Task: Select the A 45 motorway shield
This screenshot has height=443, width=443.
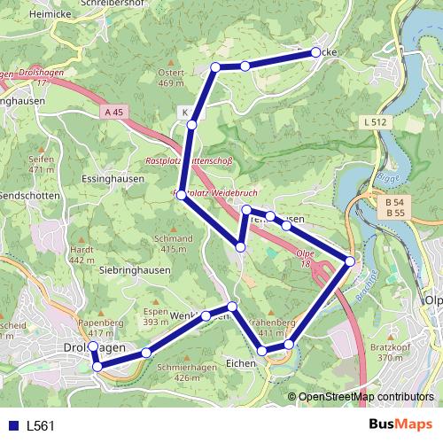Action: [x=112, y=113]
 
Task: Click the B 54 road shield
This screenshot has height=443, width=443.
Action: [x=395, y=203]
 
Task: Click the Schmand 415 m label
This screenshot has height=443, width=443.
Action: [x=172, y=244]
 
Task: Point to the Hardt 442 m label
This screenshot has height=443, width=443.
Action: [x=82, y=254]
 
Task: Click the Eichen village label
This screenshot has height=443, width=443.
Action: [x=240, y=362]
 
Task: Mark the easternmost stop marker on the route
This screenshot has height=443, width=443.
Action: [x=350, y=261]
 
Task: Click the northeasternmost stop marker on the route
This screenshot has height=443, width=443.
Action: [x=315, y=53]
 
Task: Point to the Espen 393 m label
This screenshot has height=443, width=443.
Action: [x=155, y=316]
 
